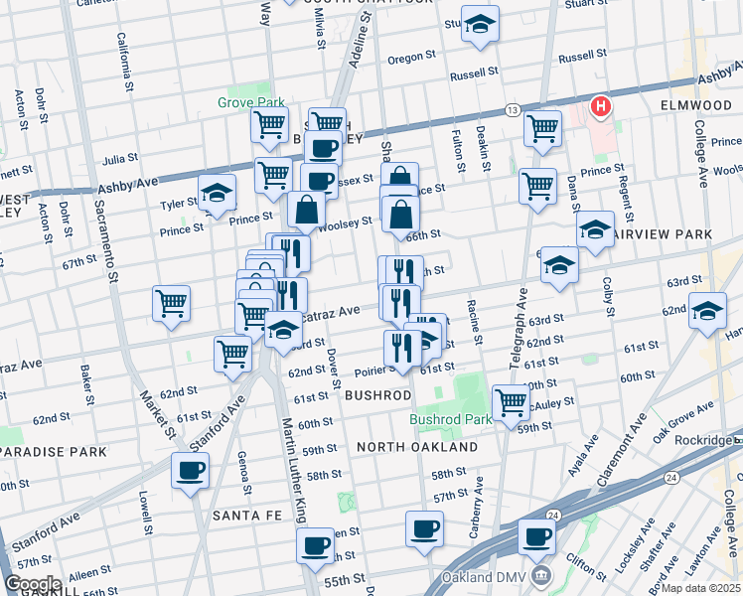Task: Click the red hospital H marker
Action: click(x=600, y=106)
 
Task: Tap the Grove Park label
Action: click(x=251, y=102)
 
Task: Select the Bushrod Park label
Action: click(x=452, y=419)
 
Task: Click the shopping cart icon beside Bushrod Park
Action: click(x=511, y=402)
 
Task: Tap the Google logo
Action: click(x=33, y=584)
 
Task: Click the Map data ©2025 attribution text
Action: click(x=700, y=588)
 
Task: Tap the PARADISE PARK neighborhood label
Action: click(x=53, y=452)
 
